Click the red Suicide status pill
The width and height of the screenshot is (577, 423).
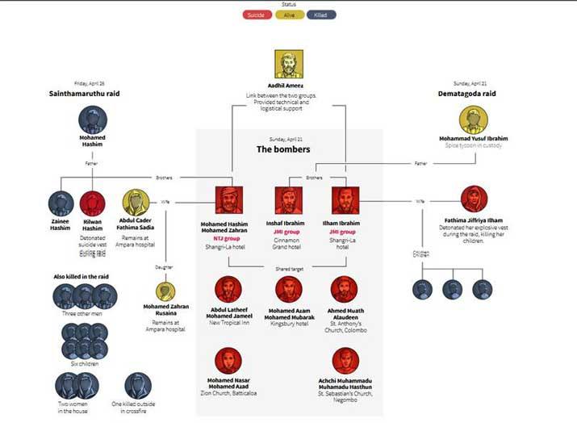click(x=257, y=15)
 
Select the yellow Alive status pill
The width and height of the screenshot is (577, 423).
click(x=289, y=15)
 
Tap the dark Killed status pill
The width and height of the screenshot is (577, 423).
click(x=321, y=15)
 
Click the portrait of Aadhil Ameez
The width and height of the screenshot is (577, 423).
click(x=288, y=64)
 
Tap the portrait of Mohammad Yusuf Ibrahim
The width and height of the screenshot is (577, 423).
click(x=474, y=120)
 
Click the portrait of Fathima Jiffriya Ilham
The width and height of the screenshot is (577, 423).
click(x=474, y=199)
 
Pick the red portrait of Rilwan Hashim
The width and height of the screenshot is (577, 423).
click(x=92, y=203)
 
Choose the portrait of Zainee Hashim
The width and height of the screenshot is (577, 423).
click(x=61, y=203)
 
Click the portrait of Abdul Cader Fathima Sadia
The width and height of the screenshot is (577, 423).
click(x=135, y=202)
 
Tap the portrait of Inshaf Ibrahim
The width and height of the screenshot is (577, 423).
click(x=288, y=200)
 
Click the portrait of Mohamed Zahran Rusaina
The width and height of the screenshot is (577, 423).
click(x=165, y=291)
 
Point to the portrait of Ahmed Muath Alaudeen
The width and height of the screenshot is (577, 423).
click(x=345, y=289)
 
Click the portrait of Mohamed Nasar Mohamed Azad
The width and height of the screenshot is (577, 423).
click(x=228, y=360)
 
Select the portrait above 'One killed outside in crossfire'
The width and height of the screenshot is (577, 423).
click(x=138, y=385)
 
